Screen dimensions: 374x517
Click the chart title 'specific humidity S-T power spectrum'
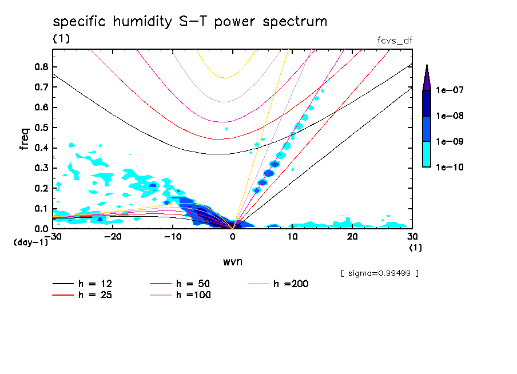190,22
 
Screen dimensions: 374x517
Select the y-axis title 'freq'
25,138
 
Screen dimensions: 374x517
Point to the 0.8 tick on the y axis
41,66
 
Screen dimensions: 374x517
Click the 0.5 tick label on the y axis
41,127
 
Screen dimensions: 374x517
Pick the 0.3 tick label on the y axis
41,168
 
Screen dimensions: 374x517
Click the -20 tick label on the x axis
113,237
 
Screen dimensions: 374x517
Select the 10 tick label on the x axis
293,237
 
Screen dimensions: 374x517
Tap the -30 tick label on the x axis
53,237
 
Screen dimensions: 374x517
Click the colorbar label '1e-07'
450,90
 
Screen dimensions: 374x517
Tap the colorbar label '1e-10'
450,167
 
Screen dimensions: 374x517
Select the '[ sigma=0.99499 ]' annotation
380,273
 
